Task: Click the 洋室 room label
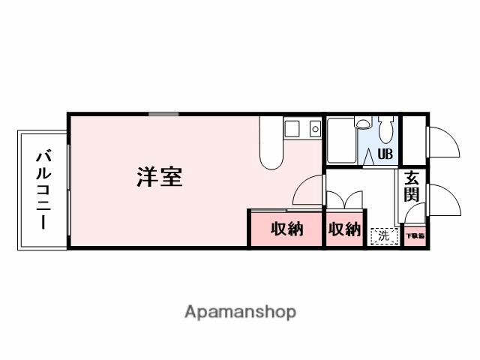coord(159,178)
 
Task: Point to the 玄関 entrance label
coord(412,187)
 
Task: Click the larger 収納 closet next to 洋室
coord(286,229)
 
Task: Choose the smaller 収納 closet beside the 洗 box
coord(343,229)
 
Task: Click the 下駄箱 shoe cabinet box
coord(415,236)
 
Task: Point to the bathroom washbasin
coord(364,124)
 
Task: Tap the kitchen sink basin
coord(292,129)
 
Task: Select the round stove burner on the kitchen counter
coord(315,129)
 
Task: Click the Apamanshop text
coord(240,311)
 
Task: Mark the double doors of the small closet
coord(343,200)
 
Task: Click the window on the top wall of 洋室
coord(163,114)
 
